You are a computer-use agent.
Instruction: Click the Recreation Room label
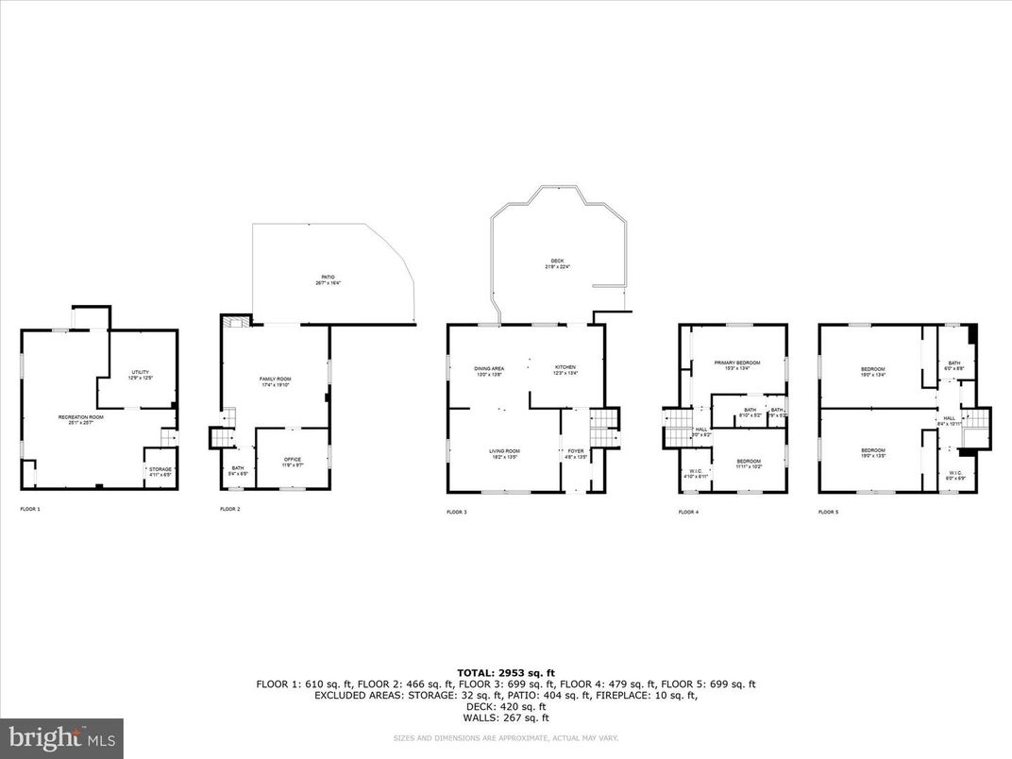pos(80,419)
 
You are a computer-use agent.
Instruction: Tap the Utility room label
pos(140,374)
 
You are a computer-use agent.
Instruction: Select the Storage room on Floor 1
pos(159,471)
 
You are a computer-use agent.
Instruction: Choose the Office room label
pos(293,462)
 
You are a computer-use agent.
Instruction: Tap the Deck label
pos(557,263)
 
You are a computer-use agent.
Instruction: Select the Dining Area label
pos(489,370)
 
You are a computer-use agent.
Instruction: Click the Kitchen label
pos(565,370)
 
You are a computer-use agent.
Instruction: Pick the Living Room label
pos(504,453)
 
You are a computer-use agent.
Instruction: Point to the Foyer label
pos(576,453)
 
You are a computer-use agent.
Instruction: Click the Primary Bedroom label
pos(736,364)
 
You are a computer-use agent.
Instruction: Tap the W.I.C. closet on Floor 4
pos(695,474)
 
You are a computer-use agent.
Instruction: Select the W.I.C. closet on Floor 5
pos(954,475)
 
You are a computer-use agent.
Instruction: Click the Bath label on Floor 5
pos(954,364)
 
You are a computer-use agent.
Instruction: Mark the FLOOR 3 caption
pos(457,512)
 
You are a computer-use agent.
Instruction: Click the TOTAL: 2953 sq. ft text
pos(505,672)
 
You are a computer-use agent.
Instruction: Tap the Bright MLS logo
pos(61,737)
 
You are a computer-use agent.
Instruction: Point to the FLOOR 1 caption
pos(30,509)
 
